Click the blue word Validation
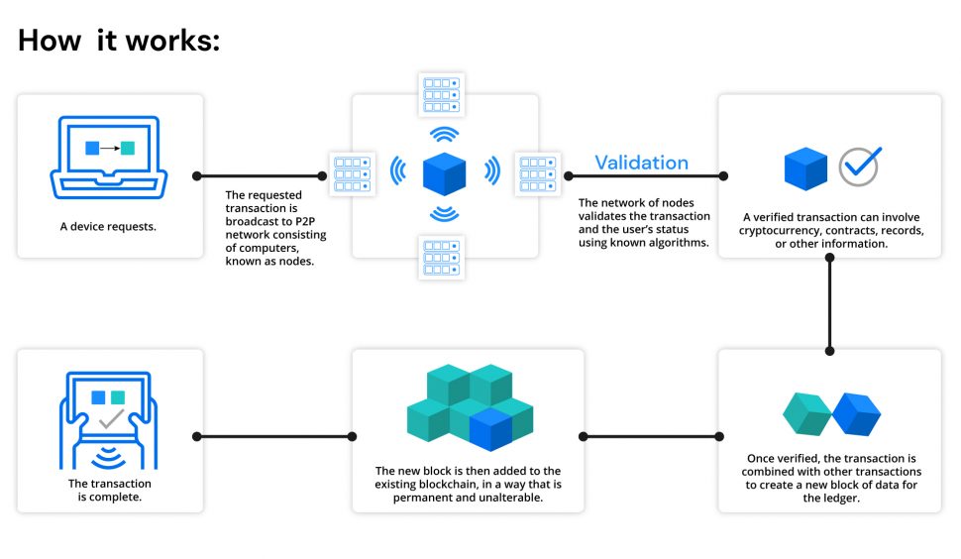[x=642, y=163]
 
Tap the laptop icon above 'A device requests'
[x=109, y=158]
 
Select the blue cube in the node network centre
[x=445, y=173]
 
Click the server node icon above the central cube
[x=441, y=94]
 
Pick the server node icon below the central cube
[x=441, y=258]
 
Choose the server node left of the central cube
[x=353, y=174]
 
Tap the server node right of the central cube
[x=538, y=174]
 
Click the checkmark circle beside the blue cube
[x=860, y=167]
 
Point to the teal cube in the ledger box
[x=806, y=413]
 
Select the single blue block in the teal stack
[x=490, y=430]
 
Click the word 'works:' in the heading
[x=172, y=41]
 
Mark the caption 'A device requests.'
[x=108, y=226]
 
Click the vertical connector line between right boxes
[x=830, y=304]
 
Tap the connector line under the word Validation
[x=646, y=175]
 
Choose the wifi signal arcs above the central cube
[x=445, y=134]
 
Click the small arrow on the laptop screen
[x=110, y=148]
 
